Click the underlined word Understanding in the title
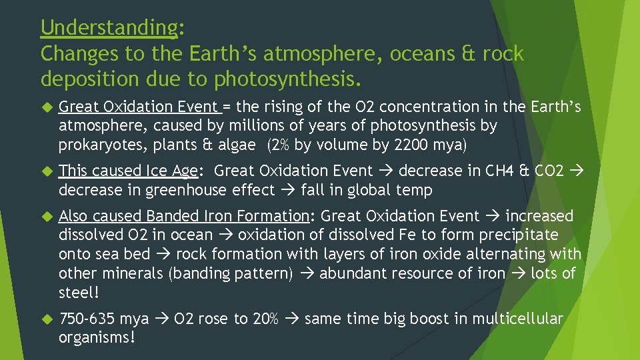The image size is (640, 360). [109, 28]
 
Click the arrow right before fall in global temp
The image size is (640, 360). [288, 190]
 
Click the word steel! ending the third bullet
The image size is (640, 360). [79, 293]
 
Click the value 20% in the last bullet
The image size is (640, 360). [265, 319]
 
